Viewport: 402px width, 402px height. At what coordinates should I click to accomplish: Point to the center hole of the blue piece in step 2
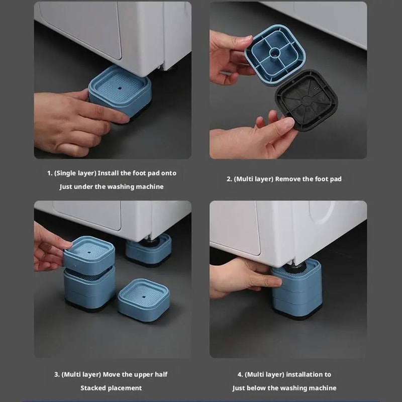[x=276, y=52]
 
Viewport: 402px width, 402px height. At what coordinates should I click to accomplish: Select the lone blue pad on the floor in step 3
[x=143, y=298]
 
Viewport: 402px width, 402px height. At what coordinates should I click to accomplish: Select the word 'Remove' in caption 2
[x=285, y=179]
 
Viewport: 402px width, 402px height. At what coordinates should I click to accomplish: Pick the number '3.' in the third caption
[x=57, y=374]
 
